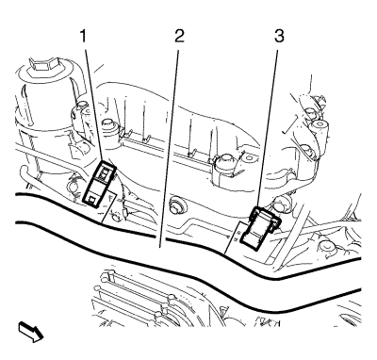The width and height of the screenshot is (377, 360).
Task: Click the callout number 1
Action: click(x=83, y=36)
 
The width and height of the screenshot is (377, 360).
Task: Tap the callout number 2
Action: click(x=179, y=36)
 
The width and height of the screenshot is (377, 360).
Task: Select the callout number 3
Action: click(x=279, y=36)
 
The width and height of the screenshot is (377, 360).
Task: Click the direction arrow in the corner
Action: click(x=31, y=332)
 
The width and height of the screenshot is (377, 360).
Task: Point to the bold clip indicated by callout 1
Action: click(x=99, y=184)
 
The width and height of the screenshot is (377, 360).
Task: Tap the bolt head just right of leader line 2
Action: click(x=178, y=207)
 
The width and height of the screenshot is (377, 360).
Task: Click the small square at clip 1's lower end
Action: click(x=92, y=199)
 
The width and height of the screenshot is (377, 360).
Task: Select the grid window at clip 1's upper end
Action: click(x=105, y=172)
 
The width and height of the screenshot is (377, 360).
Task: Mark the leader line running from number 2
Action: click(x=169, y=149)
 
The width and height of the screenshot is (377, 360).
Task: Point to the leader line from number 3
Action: click(x=269, y=129)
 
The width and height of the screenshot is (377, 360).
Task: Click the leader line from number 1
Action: click(x=93, y=106)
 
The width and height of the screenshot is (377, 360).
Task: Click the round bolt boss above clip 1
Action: click(x=109, y=126)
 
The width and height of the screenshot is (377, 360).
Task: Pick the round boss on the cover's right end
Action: click(x=223, y=162)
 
